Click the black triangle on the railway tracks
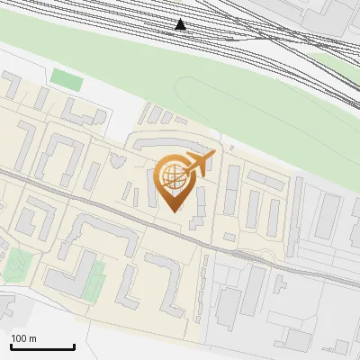click(x=181, y=24)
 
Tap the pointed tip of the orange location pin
click(x=174, y=211)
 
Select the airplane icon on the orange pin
click(x=199, y=163)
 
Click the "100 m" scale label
click(x=23, y=338)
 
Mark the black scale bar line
click(x=42, y=346)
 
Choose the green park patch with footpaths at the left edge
click(x=15, y=266)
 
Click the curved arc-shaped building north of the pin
click(x=171, y=142)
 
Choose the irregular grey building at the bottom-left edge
click(x=7, y=306)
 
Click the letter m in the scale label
click(x=32, y=338)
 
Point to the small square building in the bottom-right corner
click(x=341, y=346)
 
